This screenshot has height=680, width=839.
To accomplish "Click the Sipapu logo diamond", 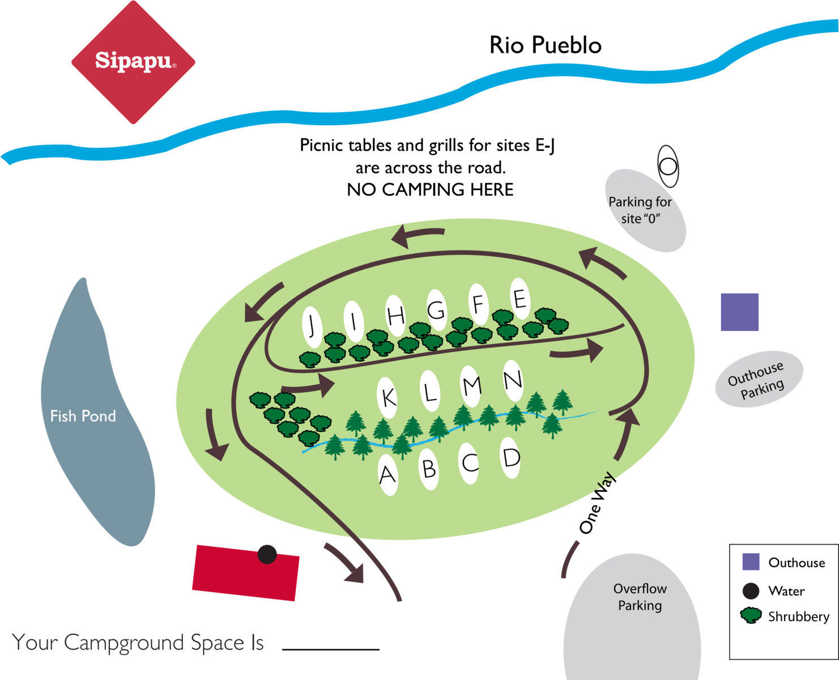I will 134,61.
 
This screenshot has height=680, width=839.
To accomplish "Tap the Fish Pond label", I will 83,416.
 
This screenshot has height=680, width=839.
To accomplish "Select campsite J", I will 312,326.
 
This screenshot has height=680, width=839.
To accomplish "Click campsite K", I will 388,397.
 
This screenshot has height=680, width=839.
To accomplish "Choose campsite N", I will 513,379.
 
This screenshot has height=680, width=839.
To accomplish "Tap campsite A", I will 387,474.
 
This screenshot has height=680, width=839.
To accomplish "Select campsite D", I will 511,457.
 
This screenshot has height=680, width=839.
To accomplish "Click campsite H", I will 395,316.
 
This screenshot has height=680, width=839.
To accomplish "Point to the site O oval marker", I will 668,167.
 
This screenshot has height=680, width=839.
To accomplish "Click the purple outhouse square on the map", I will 739,312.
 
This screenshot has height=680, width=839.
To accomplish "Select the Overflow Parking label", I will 640,597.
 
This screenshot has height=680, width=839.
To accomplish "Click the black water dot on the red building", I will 267,554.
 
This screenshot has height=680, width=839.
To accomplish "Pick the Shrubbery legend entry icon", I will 751,615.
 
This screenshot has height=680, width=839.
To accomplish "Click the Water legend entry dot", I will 751,591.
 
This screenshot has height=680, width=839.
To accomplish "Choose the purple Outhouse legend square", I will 751,562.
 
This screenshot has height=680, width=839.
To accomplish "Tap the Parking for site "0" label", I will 640,210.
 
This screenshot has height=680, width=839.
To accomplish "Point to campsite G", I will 437,310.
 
